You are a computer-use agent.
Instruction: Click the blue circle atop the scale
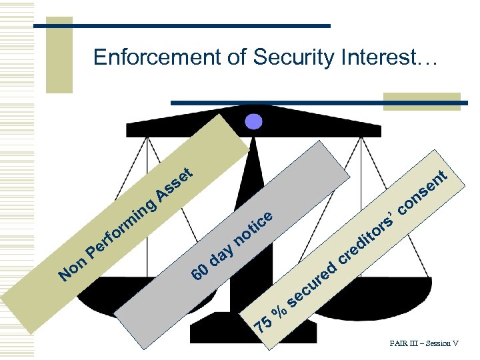click(x=255, y=122)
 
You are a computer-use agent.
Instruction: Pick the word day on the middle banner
click(x=223, y=253)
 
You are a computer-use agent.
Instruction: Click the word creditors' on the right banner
click(x=370, y=233)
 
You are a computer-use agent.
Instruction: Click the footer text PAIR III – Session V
click(x=424, y=344)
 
